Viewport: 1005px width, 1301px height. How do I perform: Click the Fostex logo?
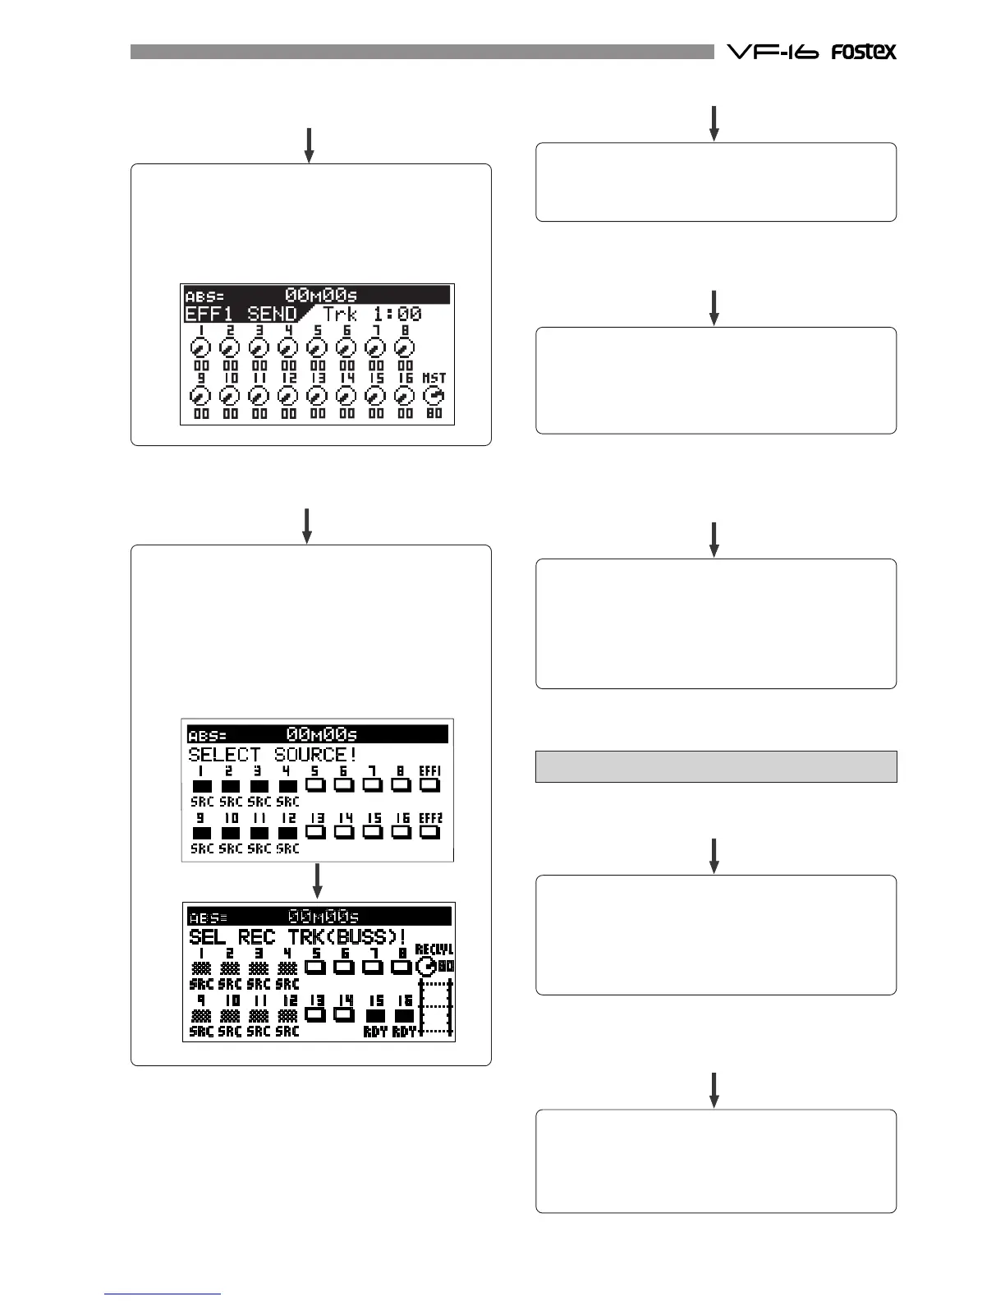pos(863,52)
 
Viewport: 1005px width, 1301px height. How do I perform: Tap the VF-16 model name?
pos(773,52)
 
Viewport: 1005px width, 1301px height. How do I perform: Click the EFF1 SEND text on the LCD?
pos(241,314)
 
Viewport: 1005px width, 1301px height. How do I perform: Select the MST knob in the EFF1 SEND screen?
pos(434,396)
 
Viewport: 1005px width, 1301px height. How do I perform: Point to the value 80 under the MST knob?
pos(434,413)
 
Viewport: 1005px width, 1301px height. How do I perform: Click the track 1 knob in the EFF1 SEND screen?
pos(201,347)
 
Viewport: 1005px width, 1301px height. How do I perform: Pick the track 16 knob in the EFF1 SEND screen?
pos(405,396)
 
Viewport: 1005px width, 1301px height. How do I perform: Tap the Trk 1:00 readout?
pos(372,314)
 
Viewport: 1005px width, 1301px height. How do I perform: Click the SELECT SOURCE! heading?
pos(272,754)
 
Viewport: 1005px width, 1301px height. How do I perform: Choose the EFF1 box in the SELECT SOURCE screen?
pos(429,784)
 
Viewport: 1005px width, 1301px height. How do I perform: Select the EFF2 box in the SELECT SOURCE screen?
pos(429,832)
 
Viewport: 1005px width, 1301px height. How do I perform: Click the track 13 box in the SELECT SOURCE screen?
pos(316,832)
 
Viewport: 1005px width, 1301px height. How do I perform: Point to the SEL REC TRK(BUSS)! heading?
pos(298,936)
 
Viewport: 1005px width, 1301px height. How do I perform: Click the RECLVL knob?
pos(426,967)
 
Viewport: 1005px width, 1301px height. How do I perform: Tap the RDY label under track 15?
pos(375,1032)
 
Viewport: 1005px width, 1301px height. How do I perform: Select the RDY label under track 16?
pos(404,1032)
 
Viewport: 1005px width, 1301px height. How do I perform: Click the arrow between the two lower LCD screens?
pos(317,880)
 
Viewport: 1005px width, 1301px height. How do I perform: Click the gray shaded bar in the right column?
pos(716,766)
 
